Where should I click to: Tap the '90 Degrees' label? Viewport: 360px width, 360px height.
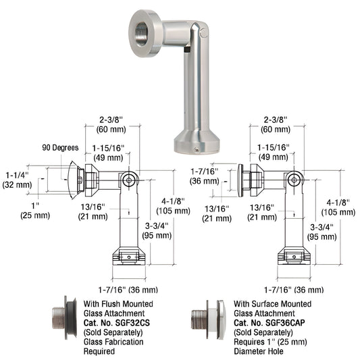coord(61,147)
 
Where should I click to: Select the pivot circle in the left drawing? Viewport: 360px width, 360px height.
coord(130,179)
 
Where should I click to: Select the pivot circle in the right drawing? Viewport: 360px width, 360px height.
coord(292,179)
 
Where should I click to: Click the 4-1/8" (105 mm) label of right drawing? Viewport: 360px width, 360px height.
coord(335,206)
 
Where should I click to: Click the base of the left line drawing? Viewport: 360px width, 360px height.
coord(129,259)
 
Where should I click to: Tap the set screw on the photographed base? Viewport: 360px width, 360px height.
coord(196,149)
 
